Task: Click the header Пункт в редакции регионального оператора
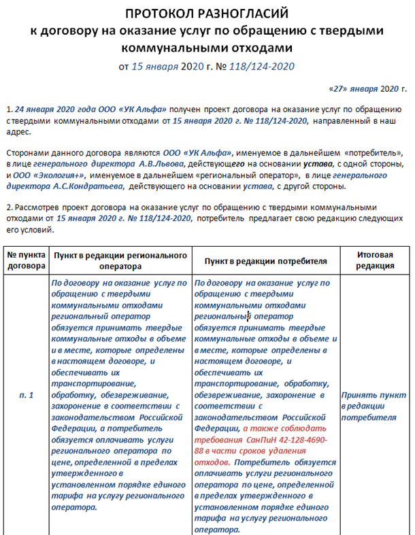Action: (120, 260)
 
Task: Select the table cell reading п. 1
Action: (26, 395)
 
